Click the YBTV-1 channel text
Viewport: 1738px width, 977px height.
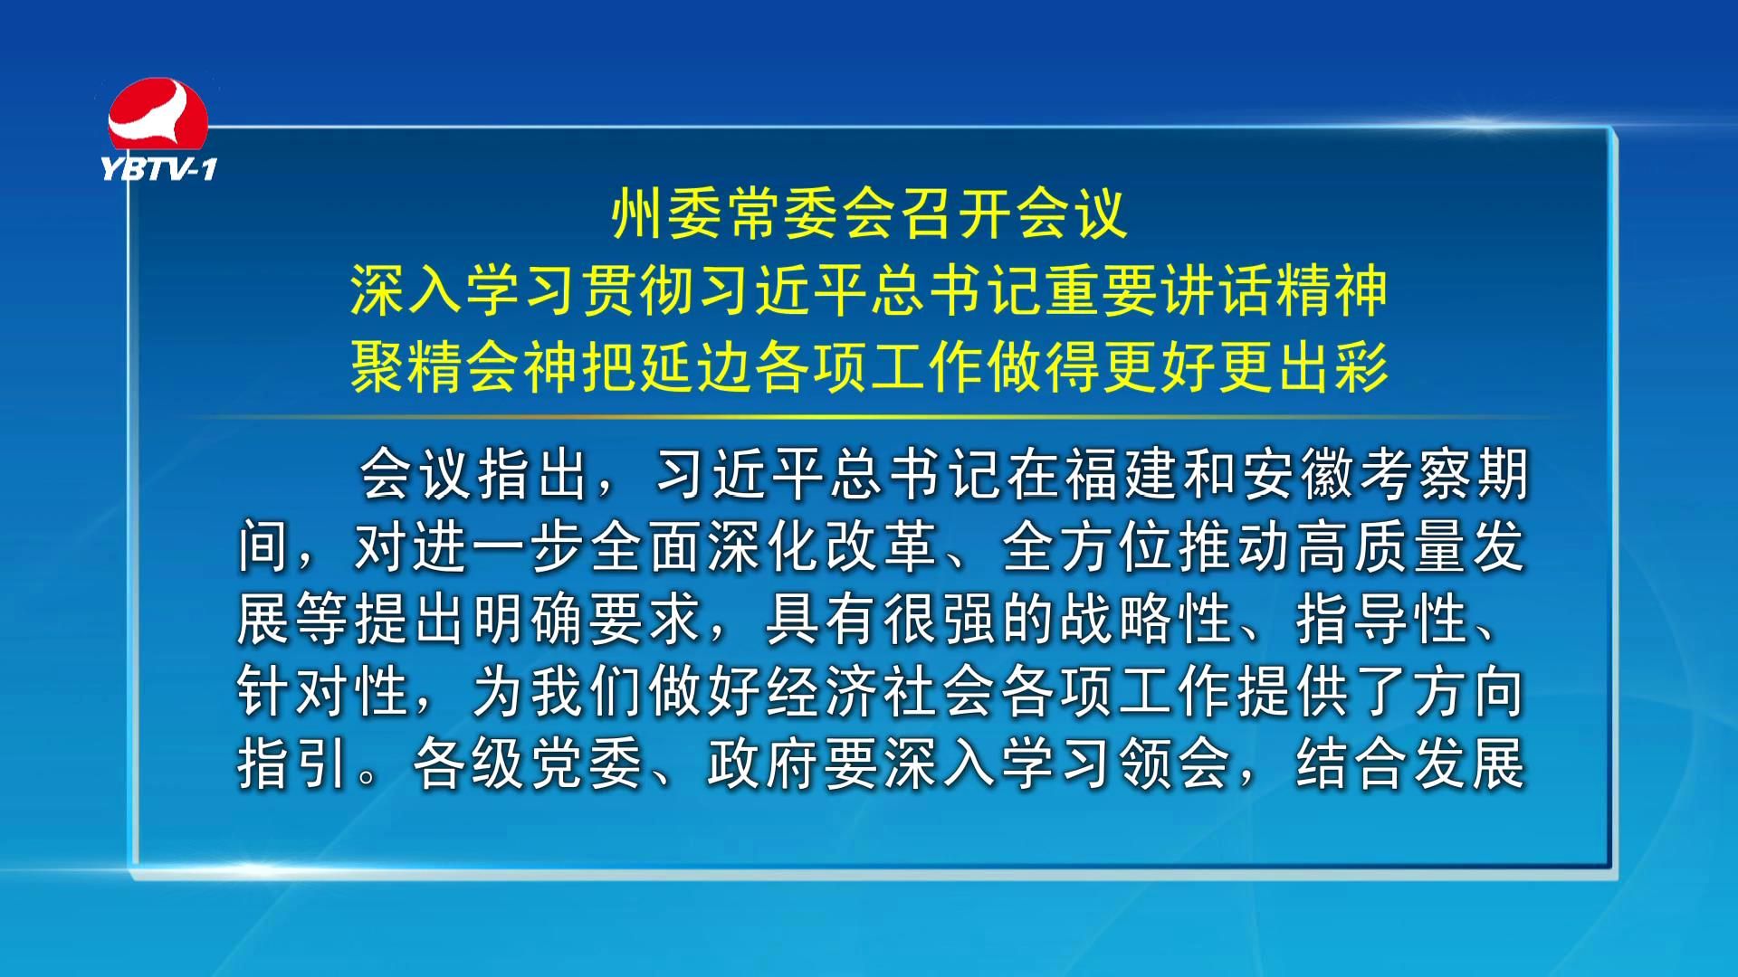(x=159, y=169)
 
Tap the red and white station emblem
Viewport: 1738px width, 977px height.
(x=158, y=115)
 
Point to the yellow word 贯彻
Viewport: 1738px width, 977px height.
(x=640, y=290)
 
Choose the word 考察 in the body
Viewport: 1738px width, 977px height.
(x=1414, y=474)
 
